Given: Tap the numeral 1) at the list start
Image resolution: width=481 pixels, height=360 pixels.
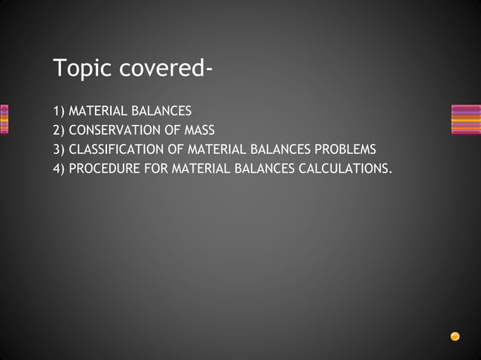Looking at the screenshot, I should (x=59, y=111).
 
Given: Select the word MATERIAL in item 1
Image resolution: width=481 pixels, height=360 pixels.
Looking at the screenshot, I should (x=97, y=111).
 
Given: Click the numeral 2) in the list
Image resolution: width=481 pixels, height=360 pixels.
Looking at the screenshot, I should (x=59, y=130).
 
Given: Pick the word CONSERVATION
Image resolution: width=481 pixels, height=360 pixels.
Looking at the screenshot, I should (x=115, y=130).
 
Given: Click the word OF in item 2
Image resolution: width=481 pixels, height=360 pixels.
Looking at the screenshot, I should (x=172, y=130).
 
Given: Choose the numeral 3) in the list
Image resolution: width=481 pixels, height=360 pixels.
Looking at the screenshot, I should (x=59, y=149).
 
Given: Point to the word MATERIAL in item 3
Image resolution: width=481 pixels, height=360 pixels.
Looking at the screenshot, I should (x=213, y=149).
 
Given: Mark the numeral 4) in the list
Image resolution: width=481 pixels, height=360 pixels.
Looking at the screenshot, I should (x=59, y=168).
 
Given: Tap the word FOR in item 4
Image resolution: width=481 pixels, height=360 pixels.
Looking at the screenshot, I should (x=155, y=168).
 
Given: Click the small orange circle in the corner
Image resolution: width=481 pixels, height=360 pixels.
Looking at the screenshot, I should (x=455, y=337).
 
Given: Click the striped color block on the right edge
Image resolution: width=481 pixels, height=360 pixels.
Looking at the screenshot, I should (x=465, y=119).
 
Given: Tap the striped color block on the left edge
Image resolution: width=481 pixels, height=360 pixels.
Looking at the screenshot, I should (x=4, y=119).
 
